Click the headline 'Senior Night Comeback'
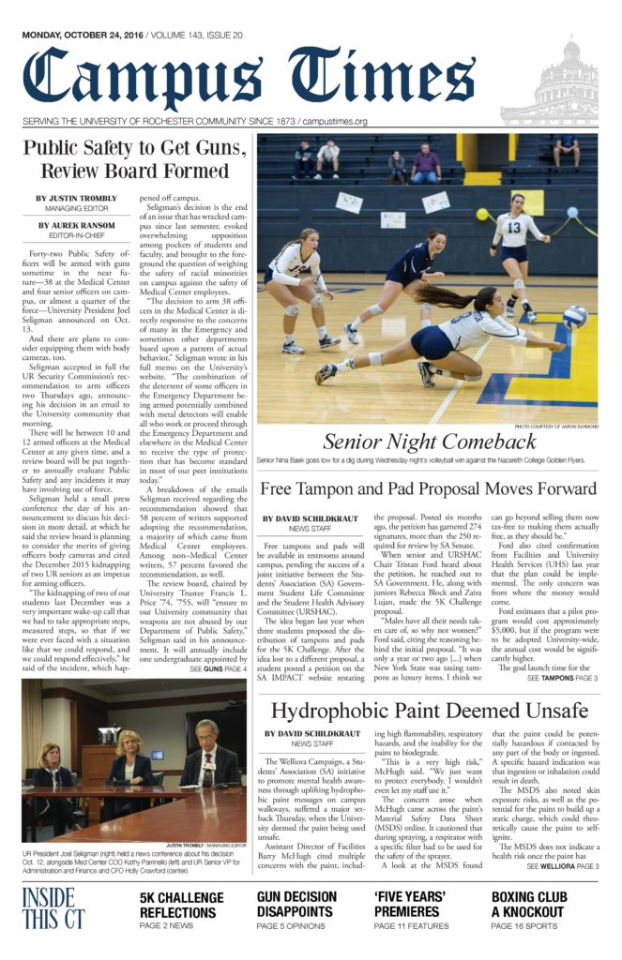[431, 442]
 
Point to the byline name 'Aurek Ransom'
[77, 225]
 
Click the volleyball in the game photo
[574, 316]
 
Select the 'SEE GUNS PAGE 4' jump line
[218, 642]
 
